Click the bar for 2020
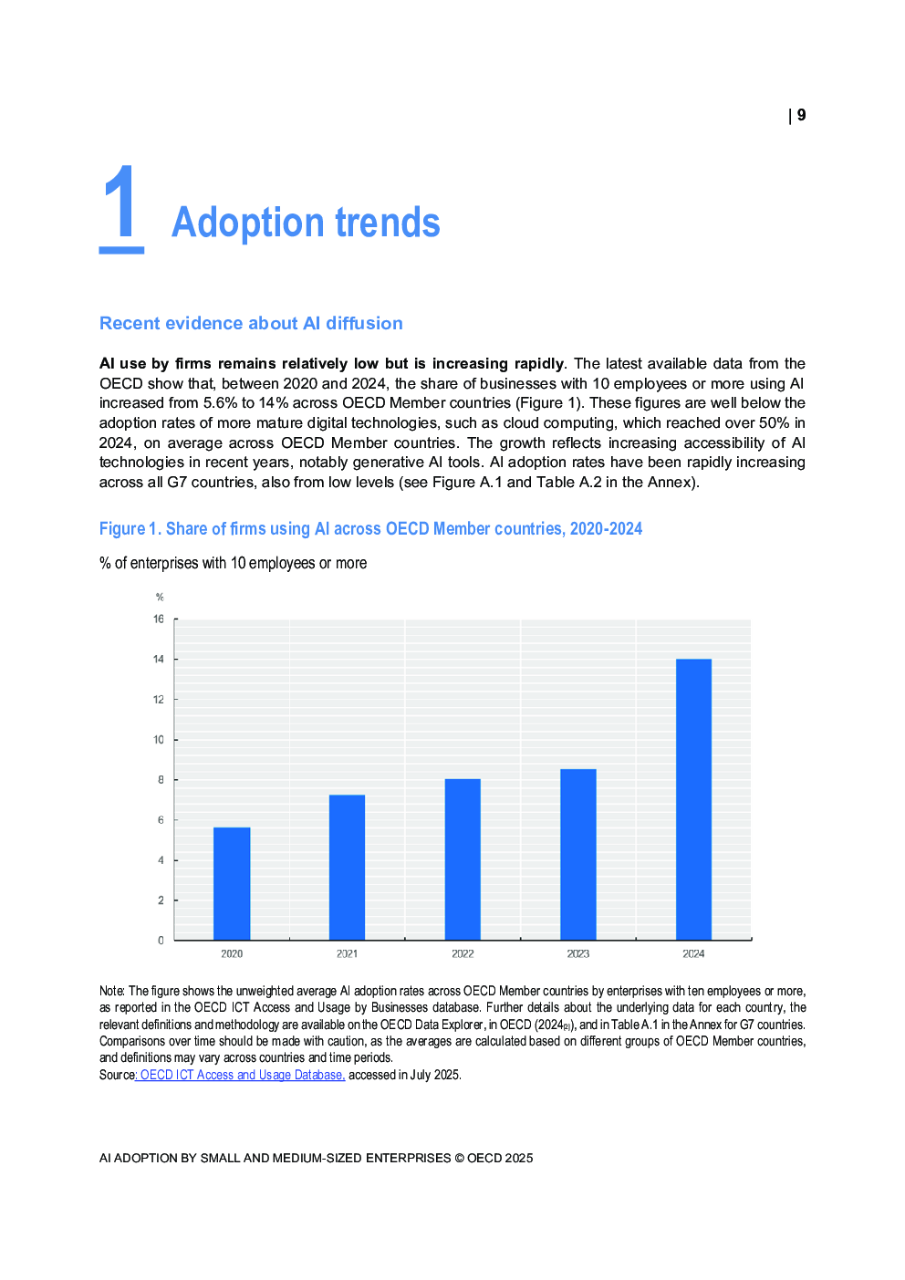tap(232, 883)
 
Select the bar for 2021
tap(347, 867)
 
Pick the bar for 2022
tap(463, 859)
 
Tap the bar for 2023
tap(578, 854)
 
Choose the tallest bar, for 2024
tap(693, 799)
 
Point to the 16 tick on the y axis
tap(159, 619)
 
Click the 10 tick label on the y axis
tap(159, 740)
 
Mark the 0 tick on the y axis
tap(161, 941)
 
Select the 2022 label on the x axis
tap(463, 954)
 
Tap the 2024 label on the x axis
tap(693, 954)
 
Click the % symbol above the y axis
tap(160, 598)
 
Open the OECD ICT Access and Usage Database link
tap(242, 1075)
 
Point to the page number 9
tap(801, 115)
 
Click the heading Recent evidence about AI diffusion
tap(251, 323)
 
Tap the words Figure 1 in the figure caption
tap(129, 529)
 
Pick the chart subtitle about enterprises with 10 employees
tap(233, 563)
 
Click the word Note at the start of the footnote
tap(111, 991)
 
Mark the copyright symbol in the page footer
tap(459, 1158)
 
